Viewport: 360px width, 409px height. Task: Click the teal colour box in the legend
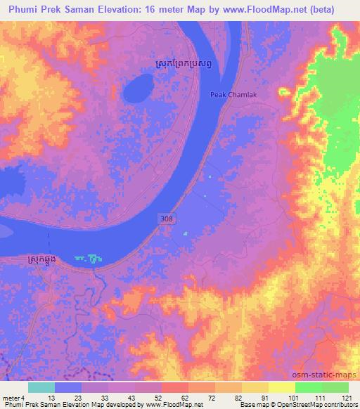tap(41, 387)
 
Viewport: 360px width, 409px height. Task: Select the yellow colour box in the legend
tap(282, 387)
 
